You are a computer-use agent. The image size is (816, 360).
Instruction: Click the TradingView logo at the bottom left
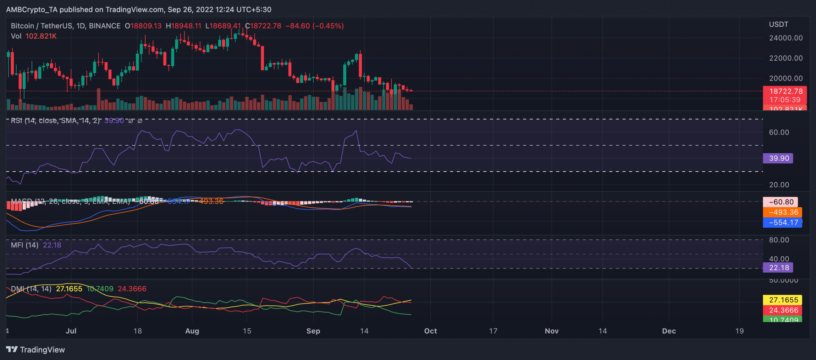point(35,349)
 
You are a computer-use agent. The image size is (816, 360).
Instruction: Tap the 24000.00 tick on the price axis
point(786,38)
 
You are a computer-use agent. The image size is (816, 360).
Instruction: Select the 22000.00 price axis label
point(786,58)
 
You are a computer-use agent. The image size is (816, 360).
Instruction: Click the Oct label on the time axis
point(430,331)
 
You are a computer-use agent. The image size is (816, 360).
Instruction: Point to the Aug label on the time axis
point(192,331)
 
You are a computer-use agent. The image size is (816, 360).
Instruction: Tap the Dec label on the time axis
point(669,331)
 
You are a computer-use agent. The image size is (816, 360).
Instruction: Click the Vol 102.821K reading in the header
point(34,36)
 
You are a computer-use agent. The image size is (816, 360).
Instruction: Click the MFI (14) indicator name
point(25,245)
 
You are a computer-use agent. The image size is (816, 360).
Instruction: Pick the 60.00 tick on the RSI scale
point(779,132)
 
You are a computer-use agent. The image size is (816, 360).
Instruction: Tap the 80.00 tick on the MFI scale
point(779,240)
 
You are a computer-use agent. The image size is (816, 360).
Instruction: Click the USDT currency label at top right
point(778,25)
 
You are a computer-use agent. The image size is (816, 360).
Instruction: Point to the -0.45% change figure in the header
point(328,26)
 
